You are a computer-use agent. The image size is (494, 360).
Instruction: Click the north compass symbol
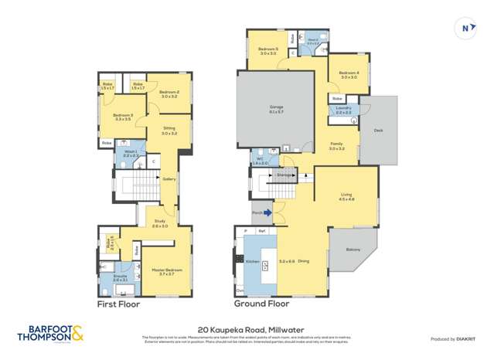[465, 27]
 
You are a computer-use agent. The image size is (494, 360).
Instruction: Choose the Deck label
[377, 131]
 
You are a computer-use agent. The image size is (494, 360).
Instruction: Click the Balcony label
[353, 249]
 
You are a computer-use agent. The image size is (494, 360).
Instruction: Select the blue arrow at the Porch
[268, 212]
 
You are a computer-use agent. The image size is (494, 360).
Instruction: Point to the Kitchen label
[251, 262]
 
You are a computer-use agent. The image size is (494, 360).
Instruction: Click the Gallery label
[169, 179]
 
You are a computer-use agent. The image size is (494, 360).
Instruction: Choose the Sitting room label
[169, 130]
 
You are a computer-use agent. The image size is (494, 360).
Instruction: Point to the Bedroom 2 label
[169, 93]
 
